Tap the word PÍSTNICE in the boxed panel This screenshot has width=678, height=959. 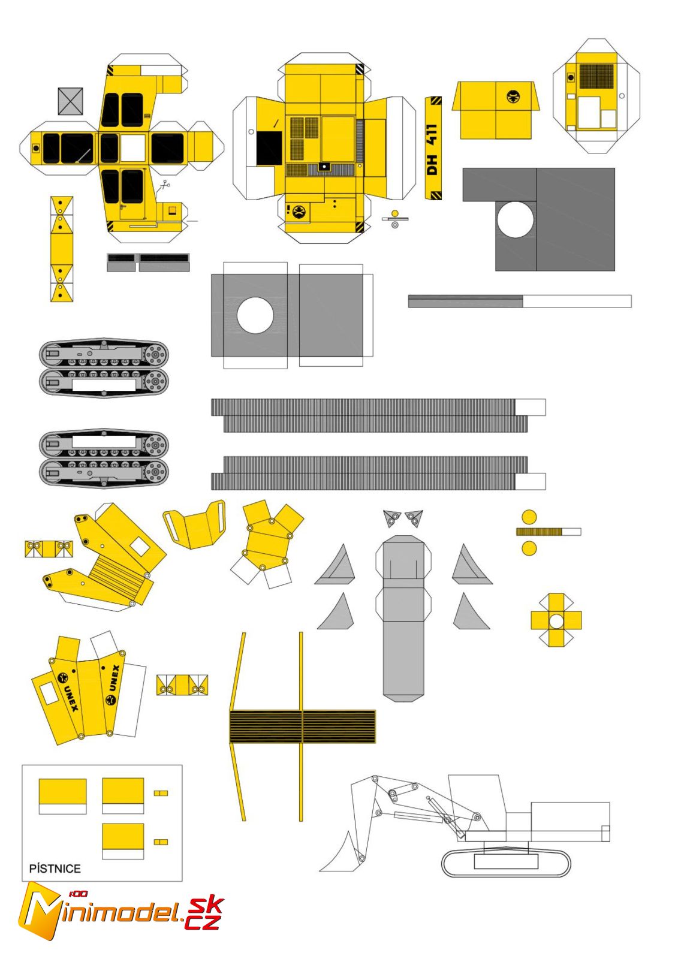[x=55, y=868]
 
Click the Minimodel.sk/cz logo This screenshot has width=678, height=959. [x=120, y=912]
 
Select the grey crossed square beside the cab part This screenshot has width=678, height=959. [x=70, y=101]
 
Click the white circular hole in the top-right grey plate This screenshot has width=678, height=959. [x=514, y=219]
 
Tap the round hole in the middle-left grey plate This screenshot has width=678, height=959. [x=255, y=315]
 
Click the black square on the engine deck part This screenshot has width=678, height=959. [x=269, y=148]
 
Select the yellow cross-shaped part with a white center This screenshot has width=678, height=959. [x=556, y=620]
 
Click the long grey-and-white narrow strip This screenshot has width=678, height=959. [x=519, y=301]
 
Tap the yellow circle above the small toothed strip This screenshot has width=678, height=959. [x=529, y=517]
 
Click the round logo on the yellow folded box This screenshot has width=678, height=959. [x=513, y=96]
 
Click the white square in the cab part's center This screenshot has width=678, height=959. [x=132, y=148]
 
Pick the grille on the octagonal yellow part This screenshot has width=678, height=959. [x=596, y=76]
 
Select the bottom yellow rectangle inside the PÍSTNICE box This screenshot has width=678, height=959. [x=123, y=837]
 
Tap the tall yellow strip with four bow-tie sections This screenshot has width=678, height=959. [x=61, y=248]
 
